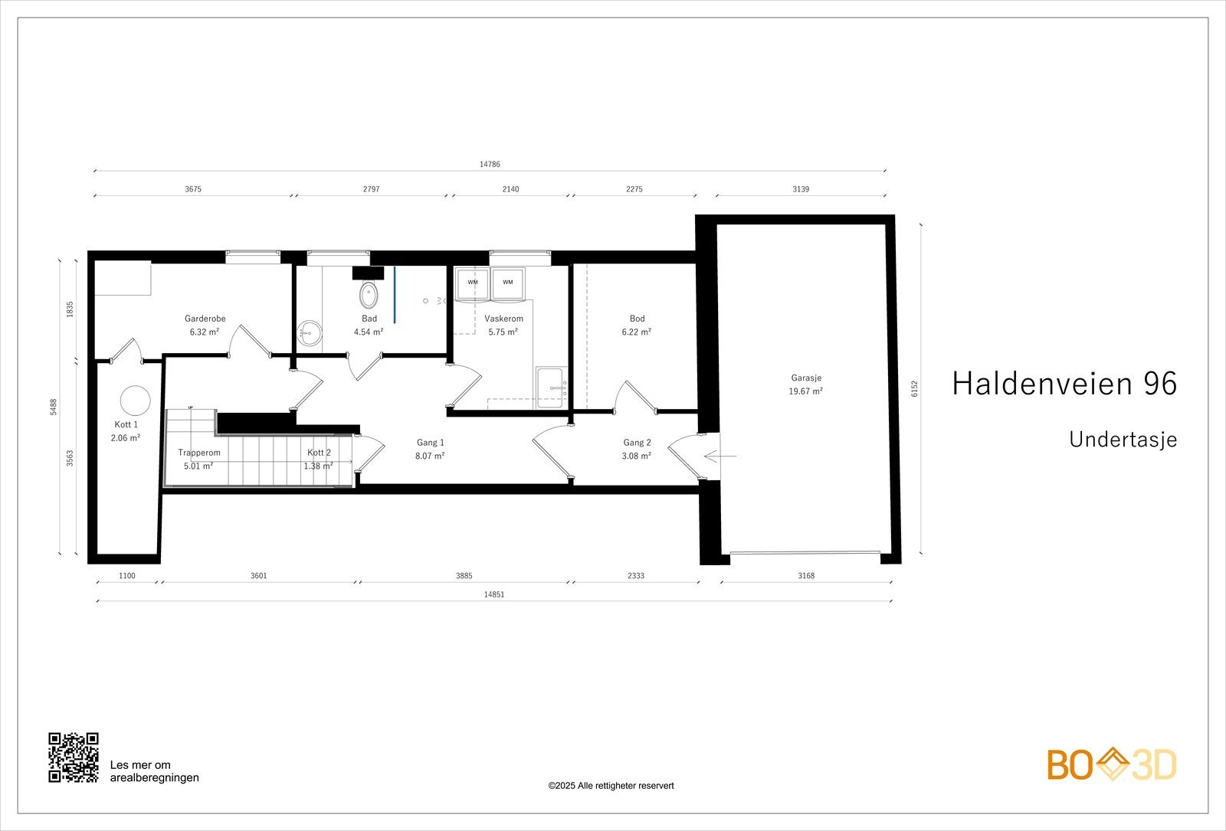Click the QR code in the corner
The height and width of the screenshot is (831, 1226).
click(74, 757)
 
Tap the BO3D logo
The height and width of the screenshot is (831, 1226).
click(1112, 764)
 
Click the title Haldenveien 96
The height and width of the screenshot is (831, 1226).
click(1064, 383)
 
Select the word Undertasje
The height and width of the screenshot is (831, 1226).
click(1123, 440)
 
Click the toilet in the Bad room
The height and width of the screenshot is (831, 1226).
click(369, 295)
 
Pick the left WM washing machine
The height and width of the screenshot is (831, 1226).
click(473, 283)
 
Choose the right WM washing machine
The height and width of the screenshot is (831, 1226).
click(507, 283)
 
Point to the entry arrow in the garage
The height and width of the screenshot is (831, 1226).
click(720, 456)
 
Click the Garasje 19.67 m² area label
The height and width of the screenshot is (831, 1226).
click(805, 384)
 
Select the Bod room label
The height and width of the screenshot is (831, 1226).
click(637, 319)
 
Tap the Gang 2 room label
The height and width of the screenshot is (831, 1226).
click(637, 443)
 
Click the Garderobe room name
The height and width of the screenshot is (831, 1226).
click(205, 319)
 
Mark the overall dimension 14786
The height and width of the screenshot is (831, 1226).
click(490, 164)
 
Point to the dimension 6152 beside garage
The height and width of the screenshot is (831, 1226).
click(914, 388)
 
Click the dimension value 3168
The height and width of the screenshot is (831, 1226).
click(806, 576)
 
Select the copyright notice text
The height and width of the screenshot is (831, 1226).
click(611, 786)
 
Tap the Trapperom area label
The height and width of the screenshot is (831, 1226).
click(198, 459)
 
